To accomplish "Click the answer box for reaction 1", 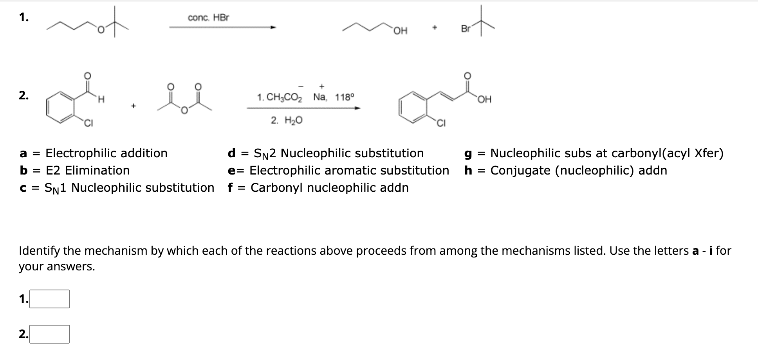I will click(49, 299).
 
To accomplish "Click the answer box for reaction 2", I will click(49, 334).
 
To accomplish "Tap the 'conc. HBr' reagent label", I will click(208, 18).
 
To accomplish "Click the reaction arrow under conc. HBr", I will click(222, 27).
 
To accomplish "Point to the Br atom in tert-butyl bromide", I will click(466, 29).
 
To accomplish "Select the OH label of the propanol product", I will click(401, 31).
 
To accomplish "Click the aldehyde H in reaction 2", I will click(101, 100).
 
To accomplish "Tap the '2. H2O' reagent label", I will click(287, 121).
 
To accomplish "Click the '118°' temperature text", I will click(345, 97).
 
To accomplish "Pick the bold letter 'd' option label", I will click(231, 153).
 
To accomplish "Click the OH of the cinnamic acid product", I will click(484, 99).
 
